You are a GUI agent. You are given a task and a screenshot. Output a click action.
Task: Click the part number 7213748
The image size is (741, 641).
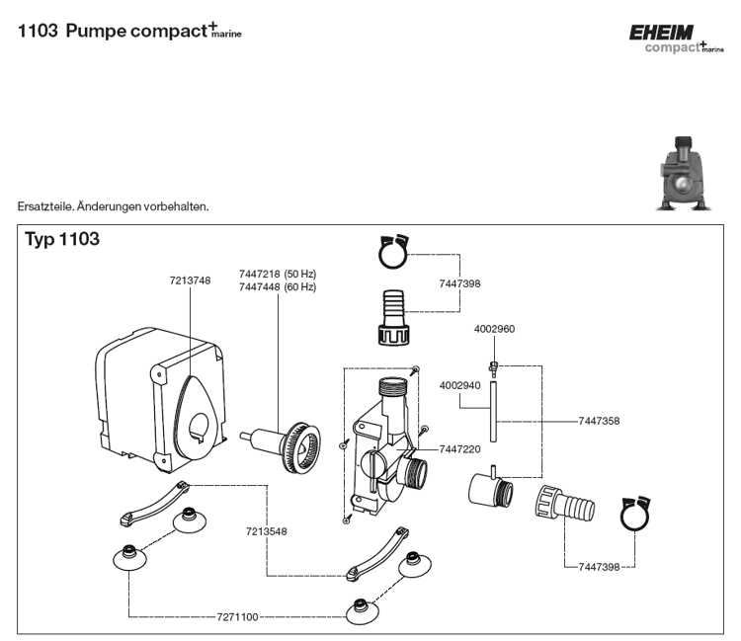pyautogui.click(x=189, y=280)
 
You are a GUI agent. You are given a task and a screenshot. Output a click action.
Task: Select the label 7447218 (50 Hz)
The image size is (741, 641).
pyautogui.click(x=277, y=273)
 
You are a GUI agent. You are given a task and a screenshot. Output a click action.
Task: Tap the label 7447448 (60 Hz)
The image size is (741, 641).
pyautogui.click(x=277, y=286)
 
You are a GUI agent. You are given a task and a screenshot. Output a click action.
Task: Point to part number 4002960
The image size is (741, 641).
pyautogui.click(x=494, y=328)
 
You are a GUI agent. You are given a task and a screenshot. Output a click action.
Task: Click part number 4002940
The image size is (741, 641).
pyautogui.click(x=459, y=385)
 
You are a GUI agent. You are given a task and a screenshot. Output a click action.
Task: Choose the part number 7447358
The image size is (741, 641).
pyautogui.click(x=599, y=421)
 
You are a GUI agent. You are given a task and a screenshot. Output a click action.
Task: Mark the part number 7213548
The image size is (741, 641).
pyautogui.click(x=267, y=531)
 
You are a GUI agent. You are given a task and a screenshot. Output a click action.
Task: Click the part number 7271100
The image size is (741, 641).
pyautogui.click(x=237, y=617)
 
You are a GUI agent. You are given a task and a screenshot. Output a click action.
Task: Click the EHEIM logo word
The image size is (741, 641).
pyautogui.click(x=662, y=33)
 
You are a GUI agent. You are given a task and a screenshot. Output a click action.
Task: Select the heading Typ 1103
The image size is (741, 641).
pyautogui.click(x=62, y=239)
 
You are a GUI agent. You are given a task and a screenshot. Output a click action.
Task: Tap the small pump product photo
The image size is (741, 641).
pyautogui.click(x=685, y=177)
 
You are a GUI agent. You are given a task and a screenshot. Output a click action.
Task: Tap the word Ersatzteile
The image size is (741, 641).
pyautogui.click(x=43, y=206)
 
